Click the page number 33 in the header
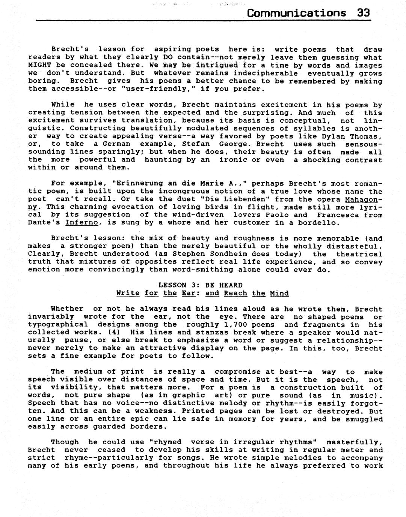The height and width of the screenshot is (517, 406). tap(363, 13)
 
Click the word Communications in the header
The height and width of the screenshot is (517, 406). tap(297, 13)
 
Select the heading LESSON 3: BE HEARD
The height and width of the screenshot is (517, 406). tap(200, 285)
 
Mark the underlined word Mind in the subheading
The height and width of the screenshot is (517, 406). tap(279, 294)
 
